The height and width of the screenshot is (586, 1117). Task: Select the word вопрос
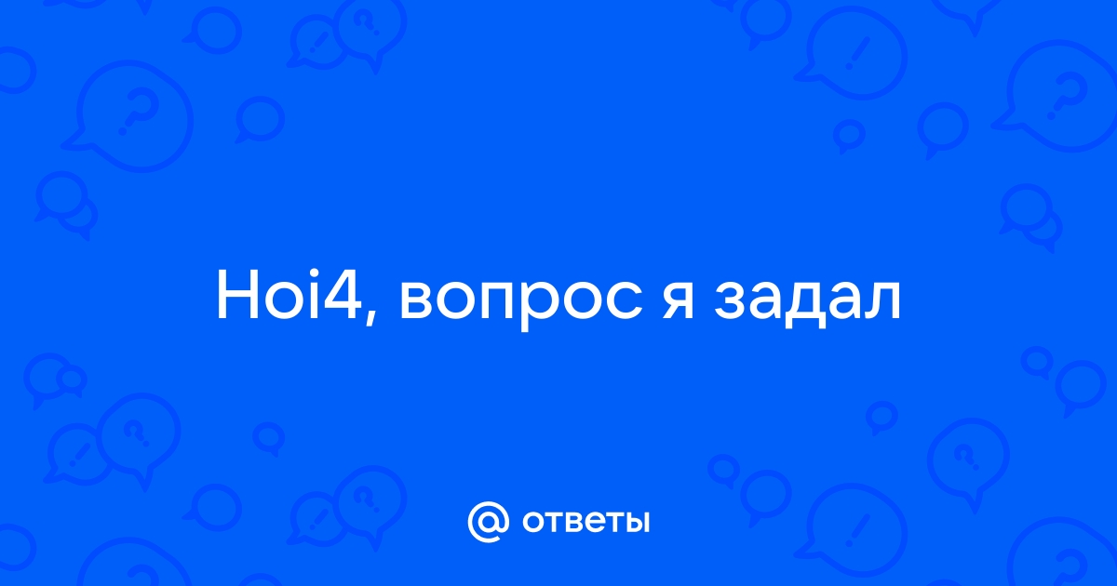pos(521,302)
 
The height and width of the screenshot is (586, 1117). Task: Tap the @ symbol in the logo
pos(489,522)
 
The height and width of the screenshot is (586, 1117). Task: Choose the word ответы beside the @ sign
pos(585,522)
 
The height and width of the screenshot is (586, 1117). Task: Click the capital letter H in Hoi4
pos(237,295)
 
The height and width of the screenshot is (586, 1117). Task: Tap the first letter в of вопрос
pos(418,300)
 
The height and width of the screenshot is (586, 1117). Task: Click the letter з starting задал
pos(730,300)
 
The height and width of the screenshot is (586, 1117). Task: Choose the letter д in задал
pos(807,304)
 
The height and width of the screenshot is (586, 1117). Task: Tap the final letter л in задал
pos(883,300)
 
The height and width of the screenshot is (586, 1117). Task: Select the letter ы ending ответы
pos(635,522)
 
